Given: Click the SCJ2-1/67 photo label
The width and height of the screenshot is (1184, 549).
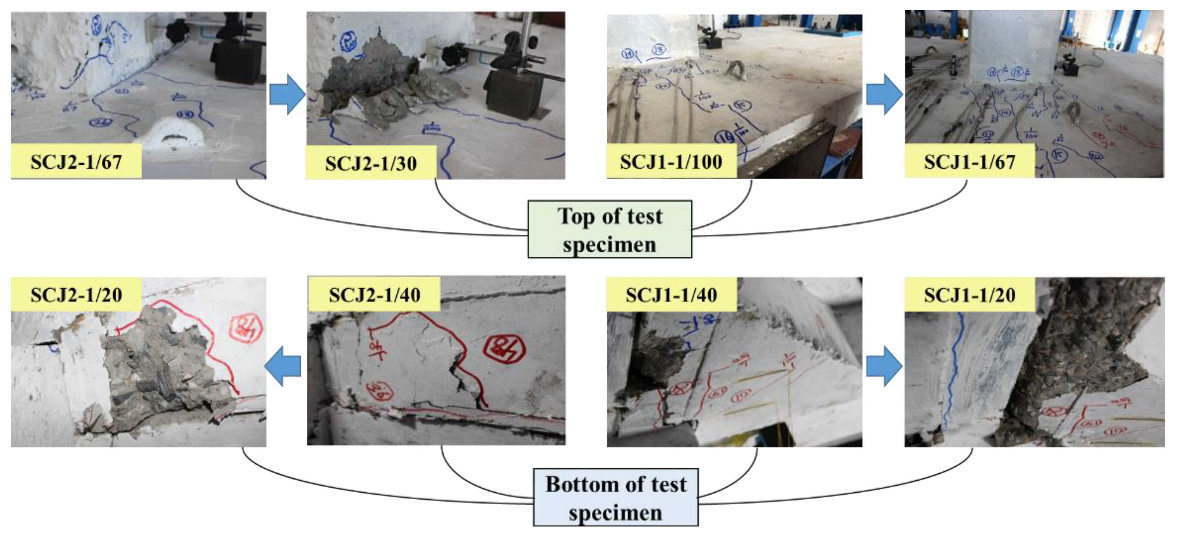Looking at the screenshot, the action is click(76, 162).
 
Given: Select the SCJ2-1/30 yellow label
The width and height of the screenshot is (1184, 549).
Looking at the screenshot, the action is click(371, 163).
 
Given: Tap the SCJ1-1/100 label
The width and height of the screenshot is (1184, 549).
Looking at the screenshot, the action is click(671, 162).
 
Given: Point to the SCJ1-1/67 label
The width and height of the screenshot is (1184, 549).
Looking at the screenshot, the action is click(969, 162).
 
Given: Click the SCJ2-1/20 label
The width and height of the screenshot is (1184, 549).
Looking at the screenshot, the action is click(76, 295).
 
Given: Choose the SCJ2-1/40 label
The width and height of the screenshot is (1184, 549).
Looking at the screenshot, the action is click(374, 295).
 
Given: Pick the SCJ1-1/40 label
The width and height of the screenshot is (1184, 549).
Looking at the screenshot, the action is click(671, 295).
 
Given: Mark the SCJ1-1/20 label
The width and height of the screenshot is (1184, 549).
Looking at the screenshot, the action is click(969, 295).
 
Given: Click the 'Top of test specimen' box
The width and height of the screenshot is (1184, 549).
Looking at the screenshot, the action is click(609, 230).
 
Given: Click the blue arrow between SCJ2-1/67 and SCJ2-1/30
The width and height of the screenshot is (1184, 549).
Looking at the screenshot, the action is click(287, 94).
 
